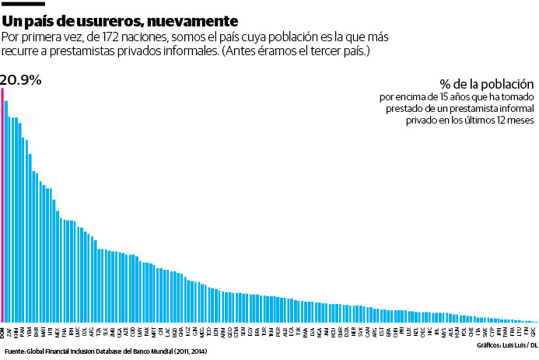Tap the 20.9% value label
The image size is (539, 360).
(x=21, y=79)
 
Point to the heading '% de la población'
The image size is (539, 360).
(x=487, y=84)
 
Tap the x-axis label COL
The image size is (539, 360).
(x=84, y=331)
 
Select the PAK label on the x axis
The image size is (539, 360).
(x=147, y=331)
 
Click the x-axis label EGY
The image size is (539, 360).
(x=249, y=331)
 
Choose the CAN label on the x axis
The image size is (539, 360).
(x=366, y=331)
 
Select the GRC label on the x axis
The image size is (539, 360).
(x=533, y=331)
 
